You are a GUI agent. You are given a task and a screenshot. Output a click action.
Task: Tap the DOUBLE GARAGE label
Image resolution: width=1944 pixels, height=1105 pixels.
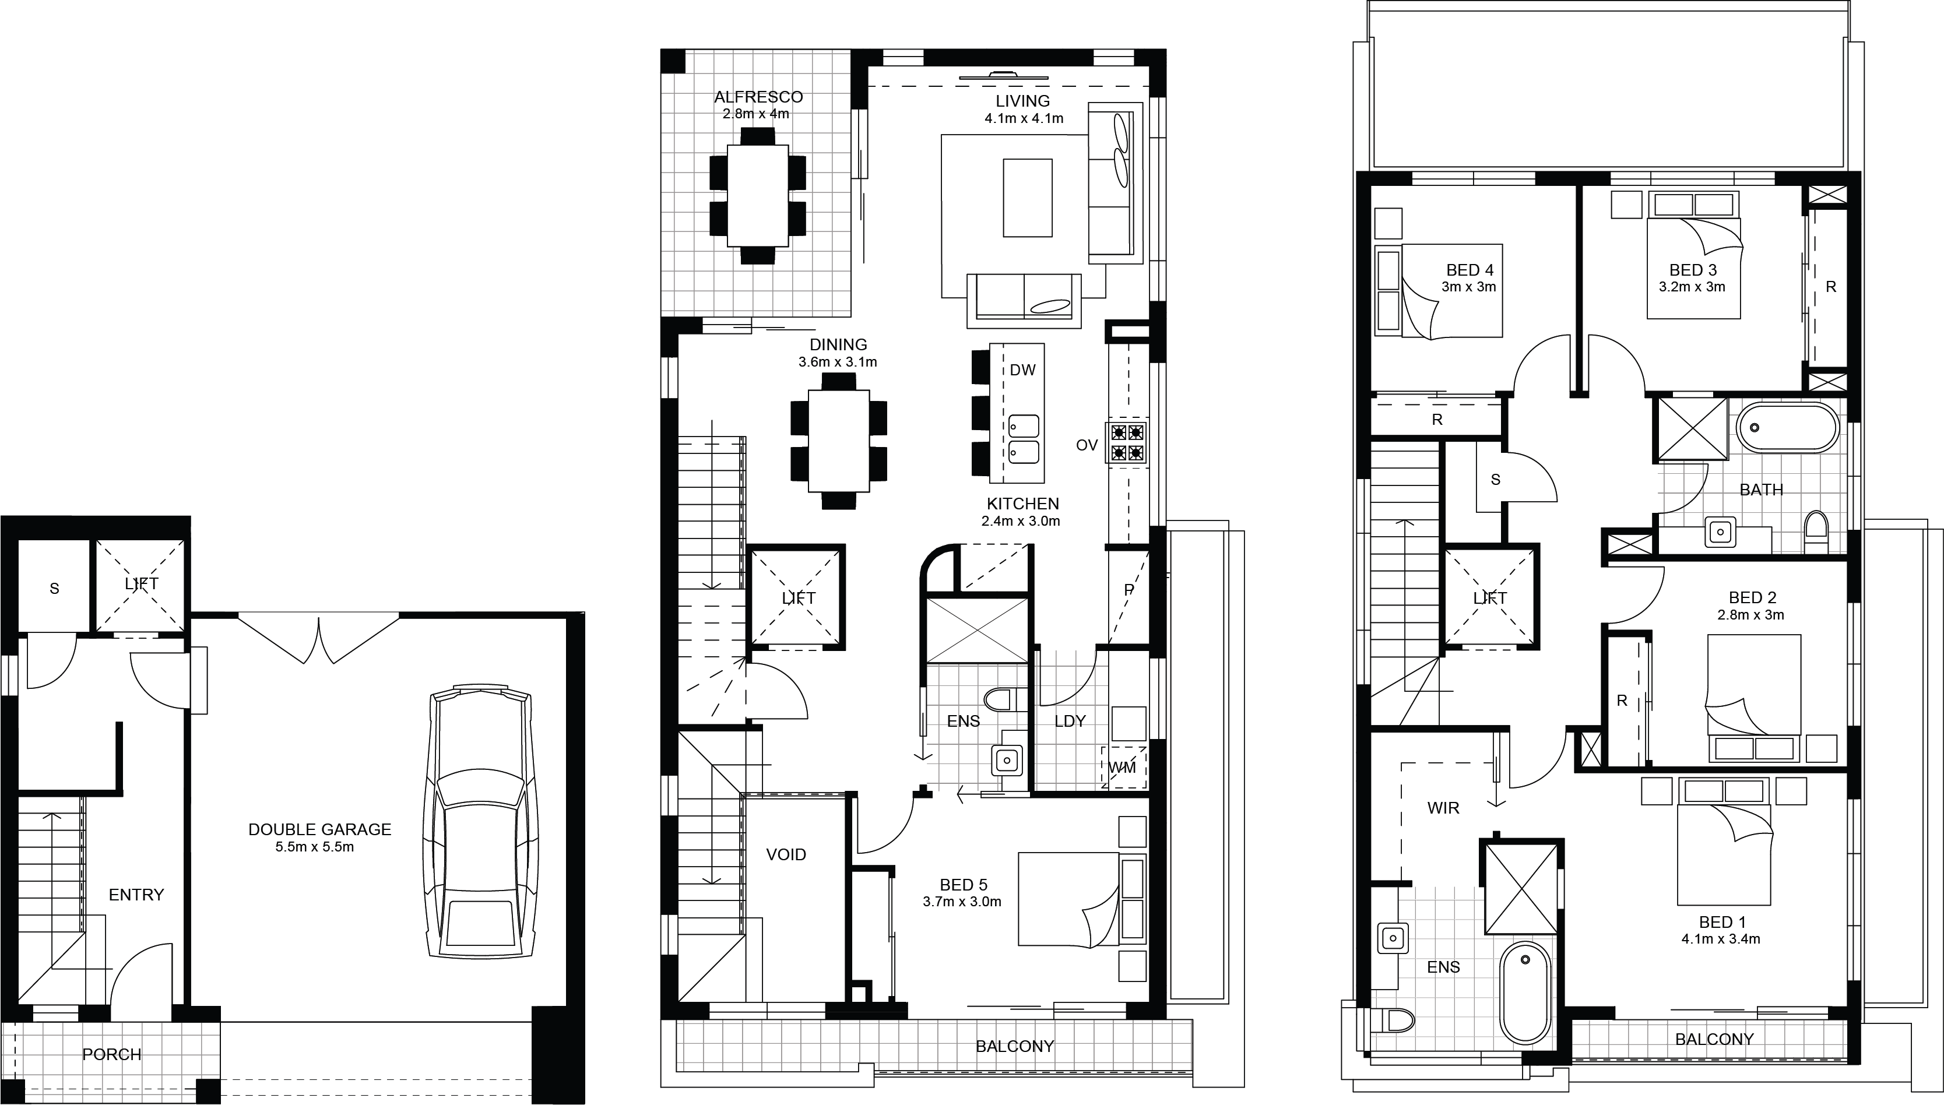(x=319, y=829)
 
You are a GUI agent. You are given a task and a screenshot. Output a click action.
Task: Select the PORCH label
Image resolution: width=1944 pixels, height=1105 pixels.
(x=111, y=1054)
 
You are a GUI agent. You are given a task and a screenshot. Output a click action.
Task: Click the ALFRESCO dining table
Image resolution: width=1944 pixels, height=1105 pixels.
(x=758, y=196)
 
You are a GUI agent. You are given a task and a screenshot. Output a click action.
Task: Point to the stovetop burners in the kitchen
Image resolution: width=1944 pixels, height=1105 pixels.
(x=1127, y=442)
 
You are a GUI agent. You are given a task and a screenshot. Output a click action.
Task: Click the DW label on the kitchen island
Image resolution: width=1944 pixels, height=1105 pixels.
(x=1022, y=370)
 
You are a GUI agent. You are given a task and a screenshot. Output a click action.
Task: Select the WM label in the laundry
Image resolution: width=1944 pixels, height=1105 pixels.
(x=1122, y=768)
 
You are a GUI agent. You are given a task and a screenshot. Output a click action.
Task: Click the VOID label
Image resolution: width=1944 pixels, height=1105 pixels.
(x=786, y=854)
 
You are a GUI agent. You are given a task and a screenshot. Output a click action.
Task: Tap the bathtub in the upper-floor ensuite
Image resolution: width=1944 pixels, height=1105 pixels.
(x=1525, y=992)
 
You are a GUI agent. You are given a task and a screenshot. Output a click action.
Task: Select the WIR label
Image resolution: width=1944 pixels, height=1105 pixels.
(x=1443, y=808)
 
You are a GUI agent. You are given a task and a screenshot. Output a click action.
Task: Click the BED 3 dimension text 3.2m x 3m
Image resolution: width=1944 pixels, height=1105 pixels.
(x=1692, y=287)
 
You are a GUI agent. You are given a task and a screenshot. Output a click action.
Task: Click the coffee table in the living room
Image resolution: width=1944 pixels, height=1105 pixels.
(x=1028, y=198)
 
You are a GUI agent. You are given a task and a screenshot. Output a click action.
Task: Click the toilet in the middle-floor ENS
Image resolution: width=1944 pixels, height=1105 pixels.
(x=1004, y=699)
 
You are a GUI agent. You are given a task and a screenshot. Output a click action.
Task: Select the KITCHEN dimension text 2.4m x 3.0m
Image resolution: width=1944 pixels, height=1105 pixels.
(x=1020, y=522)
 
